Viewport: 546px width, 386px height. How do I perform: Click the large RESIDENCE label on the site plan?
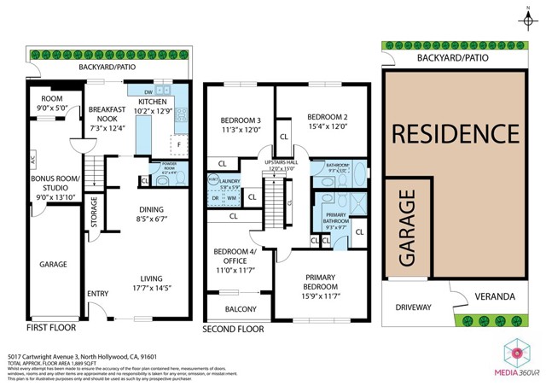tap(456, 134)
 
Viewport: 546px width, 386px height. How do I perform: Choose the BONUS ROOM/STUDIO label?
tap(54, 184)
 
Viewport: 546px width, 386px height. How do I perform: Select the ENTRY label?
tap(98, 294)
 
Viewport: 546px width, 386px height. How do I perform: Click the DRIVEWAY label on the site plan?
tap(412, 307)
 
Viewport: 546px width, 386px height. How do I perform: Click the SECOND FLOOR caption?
tap(233, 329)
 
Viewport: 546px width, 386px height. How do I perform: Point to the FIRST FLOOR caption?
tap(50, 327)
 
